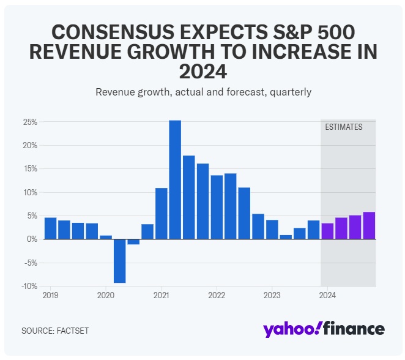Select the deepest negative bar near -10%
pos(119,261)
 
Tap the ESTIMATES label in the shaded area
pos(343,127)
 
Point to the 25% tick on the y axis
pos(31,122)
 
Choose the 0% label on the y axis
pos(32,239)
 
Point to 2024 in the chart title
pos(202,72)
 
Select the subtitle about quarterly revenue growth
pos(203,92)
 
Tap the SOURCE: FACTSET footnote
pos(55,331)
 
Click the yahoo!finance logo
pos(324,329)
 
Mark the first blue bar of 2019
pos(50,228)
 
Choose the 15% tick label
pos(31,169)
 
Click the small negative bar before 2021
pos(133,242)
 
